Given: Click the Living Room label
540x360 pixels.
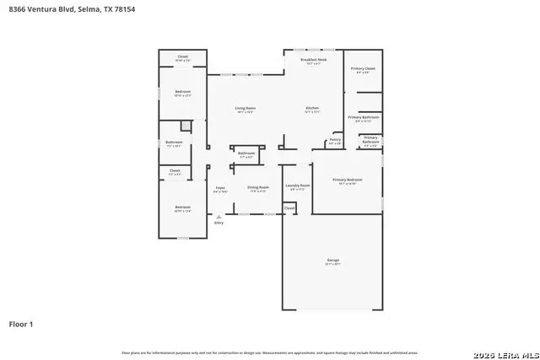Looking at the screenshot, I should pos(245,108).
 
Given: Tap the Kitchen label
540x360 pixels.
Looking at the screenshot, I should pos(311,108).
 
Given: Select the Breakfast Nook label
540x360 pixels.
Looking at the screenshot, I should pos(314,59).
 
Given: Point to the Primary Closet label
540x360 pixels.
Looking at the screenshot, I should pos(363,68).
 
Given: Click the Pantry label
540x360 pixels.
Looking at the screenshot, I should pos(334,141).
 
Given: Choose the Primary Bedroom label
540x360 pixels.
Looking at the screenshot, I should pos(347,180).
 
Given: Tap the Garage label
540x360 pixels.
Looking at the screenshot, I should pos(333,261).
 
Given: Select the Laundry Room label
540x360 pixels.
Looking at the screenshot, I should pos(297,185).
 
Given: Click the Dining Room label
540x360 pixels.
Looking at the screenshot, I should pos(257,187).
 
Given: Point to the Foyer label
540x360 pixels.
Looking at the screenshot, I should pos(220,187).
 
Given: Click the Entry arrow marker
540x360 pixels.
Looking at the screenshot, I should pos(219,218).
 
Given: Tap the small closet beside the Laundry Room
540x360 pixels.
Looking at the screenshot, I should pos(289,207).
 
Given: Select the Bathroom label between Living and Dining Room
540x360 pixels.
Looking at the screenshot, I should pos(246,153).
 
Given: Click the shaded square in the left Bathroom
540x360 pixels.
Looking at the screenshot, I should pos(186,126).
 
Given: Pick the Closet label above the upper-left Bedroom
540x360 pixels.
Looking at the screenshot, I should pos(182,57).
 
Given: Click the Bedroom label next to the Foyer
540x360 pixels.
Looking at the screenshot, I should pos(182,207).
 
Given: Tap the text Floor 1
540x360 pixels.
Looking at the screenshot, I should pos(21,324).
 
